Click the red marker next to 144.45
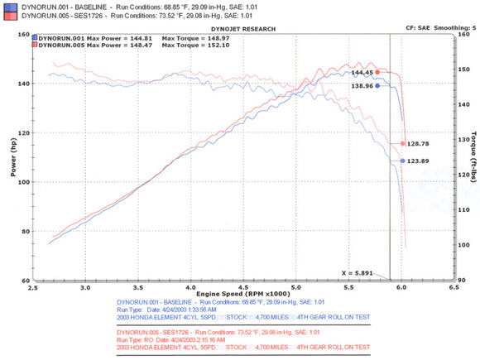[377, 72]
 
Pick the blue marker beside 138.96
[377, 85]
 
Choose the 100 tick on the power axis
[24, 182]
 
